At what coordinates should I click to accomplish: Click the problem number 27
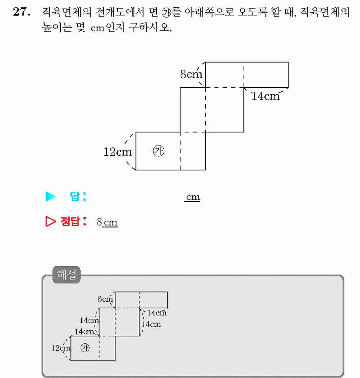22,12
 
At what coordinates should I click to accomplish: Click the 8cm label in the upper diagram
191,74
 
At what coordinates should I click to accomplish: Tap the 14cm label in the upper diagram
266,96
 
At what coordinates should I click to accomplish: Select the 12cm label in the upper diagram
118,152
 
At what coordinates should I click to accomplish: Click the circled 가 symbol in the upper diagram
158,151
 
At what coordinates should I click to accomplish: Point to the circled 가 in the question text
166,13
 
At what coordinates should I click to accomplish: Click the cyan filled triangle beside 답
50,196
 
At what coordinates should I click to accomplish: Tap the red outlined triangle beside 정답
50,221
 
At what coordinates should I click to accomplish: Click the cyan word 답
75,196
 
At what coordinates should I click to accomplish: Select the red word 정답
70,221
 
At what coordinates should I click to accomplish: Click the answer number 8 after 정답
99,222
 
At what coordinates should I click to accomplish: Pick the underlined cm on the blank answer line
193,197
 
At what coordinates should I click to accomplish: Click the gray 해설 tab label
66,274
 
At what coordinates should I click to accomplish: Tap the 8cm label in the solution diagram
105,299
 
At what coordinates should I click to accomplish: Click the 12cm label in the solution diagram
61,348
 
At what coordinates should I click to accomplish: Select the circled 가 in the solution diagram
85,348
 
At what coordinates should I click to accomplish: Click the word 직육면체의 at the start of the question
67,12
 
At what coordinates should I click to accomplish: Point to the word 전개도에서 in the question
120,12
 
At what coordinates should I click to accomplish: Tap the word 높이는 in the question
57,27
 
